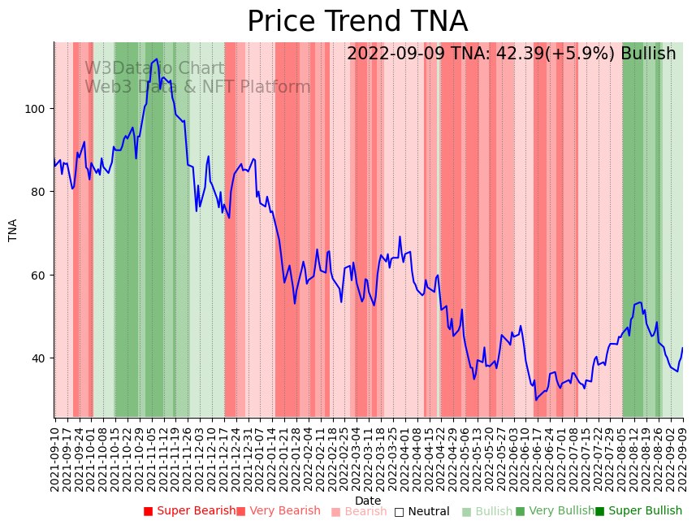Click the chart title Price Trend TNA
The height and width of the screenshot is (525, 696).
tap(357, 22)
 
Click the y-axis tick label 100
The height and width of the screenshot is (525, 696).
tap(37, 108)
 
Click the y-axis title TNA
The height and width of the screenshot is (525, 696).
tap(13, 230)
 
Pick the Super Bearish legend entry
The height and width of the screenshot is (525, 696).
tap(189, 511)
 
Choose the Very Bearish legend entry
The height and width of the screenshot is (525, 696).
tap(279, 511)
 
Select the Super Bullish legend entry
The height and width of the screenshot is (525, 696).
tap(638, 511)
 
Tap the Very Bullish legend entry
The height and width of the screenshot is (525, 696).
tap(555, 511)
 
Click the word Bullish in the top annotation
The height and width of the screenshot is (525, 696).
tap(648, 54)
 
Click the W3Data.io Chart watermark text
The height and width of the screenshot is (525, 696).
tap(154, 68)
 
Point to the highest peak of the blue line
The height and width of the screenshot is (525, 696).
tap(157, 59)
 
